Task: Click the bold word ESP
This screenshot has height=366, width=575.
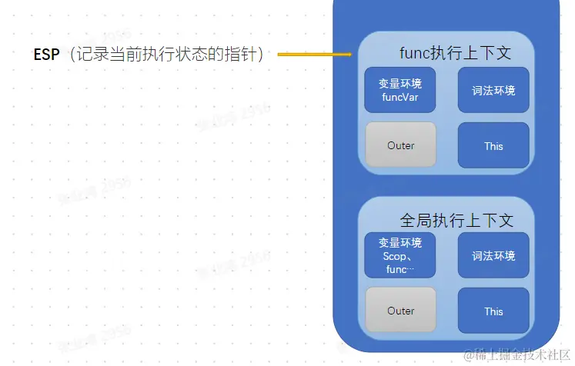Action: tap(46, 55)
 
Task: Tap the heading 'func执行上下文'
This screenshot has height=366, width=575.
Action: tap(455, 53)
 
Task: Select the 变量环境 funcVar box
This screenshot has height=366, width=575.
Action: tap(400, 90)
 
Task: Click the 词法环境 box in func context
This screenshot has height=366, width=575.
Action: tap(493, 90)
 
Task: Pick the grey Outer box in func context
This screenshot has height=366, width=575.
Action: tap(400, 145)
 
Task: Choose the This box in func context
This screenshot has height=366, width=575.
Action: tap(493, 145)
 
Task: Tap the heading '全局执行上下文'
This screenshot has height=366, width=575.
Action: tap(456, 220)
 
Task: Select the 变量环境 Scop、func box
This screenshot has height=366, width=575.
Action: tap(400, 256)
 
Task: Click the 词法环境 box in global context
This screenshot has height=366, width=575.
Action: tap(493, 256)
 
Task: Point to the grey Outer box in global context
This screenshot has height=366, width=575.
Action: tap(400, 311)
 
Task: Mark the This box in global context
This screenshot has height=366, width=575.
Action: tap(493, 311)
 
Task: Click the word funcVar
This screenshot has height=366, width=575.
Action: tap(400, 98)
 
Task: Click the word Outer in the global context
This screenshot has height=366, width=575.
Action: tap(400, 311)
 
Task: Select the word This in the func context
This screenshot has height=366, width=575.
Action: tap(493, 146)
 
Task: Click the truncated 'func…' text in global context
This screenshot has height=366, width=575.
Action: tap(400, 269)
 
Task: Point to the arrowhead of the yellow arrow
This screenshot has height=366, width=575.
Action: tap(349, 55)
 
